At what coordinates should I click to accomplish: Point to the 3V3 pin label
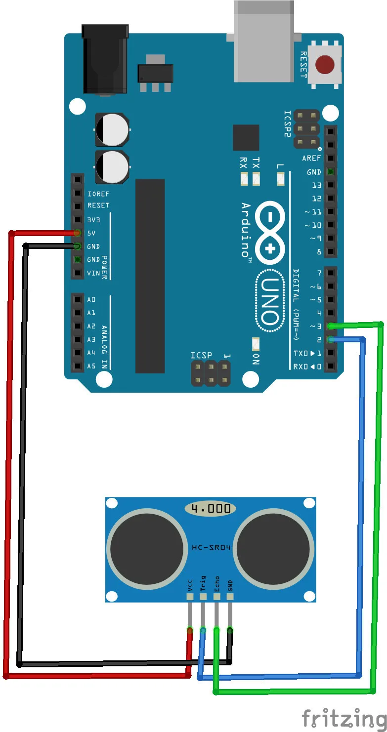pos(94,219)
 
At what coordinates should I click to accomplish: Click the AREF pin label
pos(311,159)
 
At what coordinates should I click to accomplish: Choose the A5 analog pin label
pos(91,366)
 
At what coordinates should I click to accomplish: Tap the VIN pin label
pos(93,273)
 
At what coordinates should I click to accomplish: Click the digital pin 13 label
pos(316,186)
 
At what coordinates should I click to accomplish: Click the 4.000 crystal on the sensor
pos(211,508)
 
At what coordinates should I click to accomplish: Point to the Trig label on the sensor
pos(203,583)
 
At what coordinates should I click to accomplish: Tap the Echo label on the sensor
pos(216,583)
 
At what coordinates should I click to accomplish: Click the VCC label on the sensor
pos(190,585)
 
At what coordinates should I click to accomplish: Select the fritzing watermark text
pos(344,718)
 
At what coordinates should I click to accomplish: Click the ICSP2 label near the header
pos(288,123)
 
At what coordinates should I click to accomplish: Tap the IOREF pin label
pos(98,194)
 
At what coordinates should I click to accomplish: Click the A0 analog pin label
pos(91,299)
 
